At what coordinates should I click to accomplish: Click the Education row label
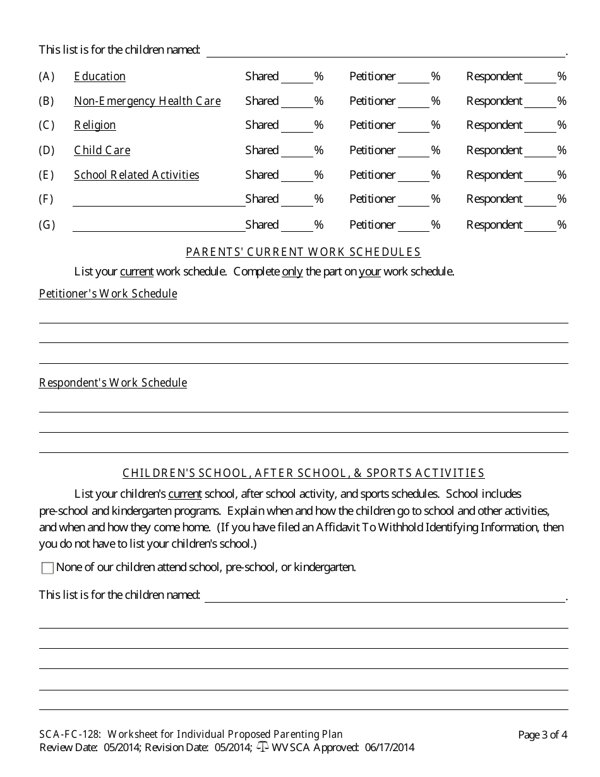(100, 76)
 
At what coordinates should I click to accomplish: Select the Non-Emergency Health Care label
(147, 101)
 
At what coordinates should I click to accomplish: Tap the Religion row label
(95, 125)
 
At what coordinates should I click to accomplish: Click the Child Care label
(102, 150)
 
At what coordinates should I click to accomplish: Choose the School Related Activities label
(136, 175)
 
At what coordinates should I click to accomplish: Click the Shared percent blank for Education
(297, 77)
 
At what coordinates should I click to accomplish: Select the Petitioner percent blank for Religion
(414, 126)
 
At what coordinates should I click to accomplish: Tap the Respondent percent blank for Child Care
(540, 151)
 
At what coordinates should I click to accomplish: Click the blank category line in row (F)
(159, 200)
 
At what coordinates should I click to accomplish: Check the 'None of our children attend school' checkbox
(47, 568)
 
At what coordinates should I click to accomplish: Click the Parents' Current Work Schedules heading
(303, 252)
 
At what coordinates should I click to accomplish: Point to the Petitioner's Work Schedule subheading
(108, 294)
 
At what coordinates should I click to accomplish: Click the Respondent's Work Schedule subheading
(113, 383)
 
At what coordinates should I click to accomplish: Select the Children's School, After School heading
(303, 473)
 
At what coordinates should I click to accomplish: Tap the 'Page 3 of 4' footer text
(542, 735)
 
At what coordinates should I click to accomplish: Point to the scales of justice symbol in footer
(263, 748)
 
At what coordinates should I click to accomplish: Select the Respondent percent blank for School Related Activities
(540, 176)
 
